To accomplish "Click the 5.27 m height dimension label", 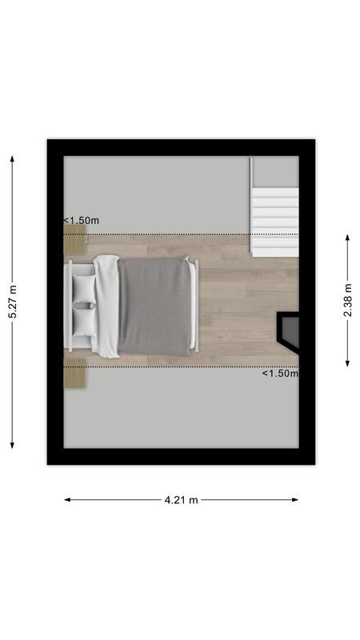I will coord(12,302).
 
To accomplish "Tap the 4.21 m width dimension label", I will coord(181,500).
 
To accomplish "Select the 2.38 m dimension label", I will coord(347,300).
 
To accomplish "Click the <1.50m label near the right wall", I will coord(279,373).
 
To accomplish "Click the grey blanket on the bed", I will coord(155,305).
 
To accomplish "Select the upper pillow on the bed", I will coord(84,288).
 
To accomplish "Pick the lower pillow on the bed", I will coord(84,321).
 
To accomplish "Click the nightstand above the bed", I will coord(74,238).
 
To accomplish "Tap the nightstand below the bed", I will coord(74,374).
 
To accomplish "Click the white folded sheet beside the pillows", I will coord(107,305).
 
